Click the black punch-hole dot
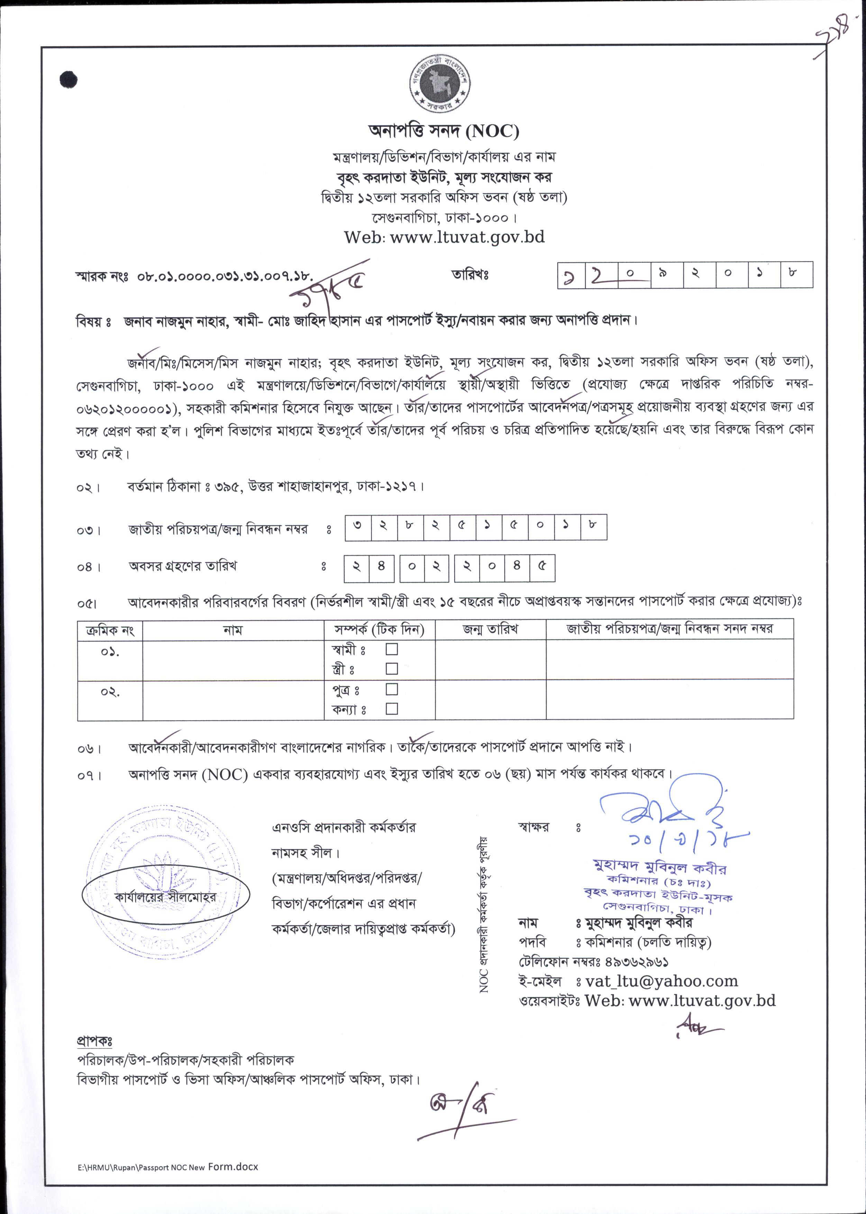(68, 80)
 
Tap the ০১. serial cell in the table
(110, 652)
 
